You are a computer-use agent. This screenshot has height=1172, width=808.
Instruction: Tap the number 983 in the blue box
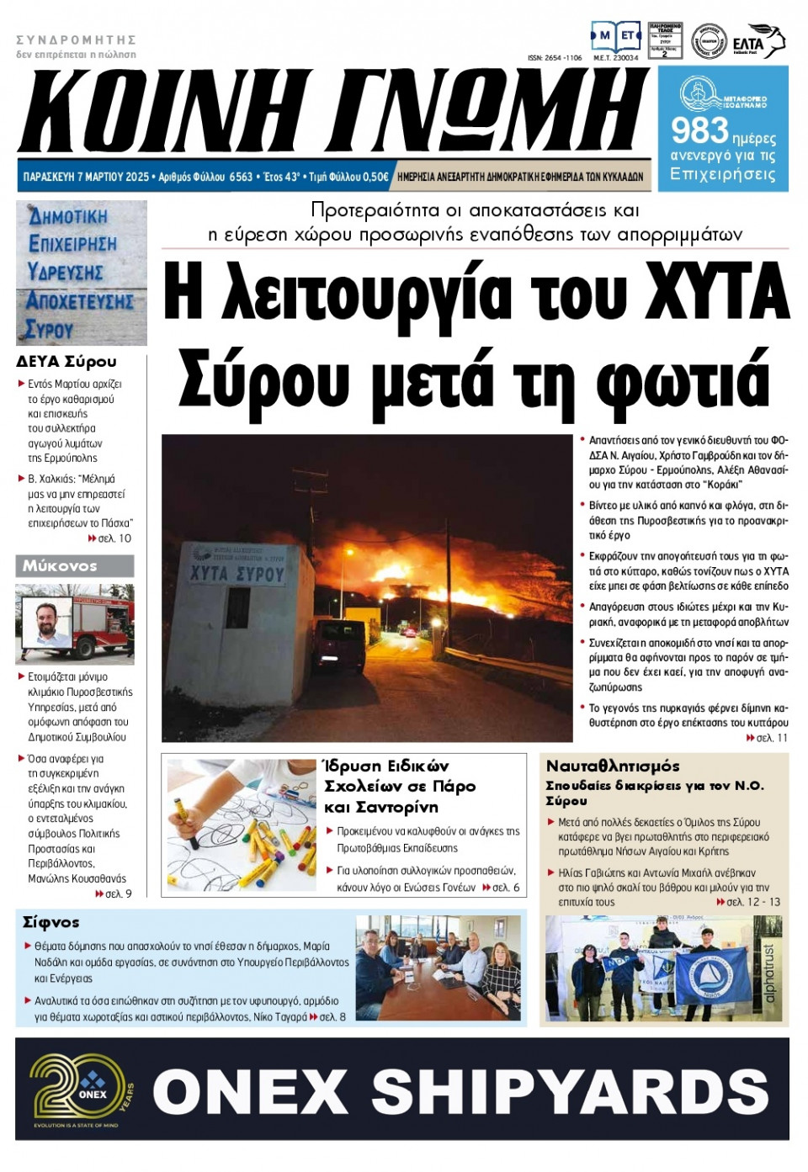click(699, 130)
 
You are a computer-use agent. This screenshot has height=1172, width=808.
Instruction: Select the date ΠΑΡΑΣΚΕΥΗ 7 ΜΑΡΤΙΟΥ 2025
click(86, 177)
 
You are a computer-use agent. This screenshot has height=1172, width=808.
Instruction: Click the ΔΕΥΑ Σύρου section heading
click(66, 361)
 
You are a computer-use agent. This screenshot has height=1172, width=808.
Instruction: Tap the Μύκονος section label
click(60, 565)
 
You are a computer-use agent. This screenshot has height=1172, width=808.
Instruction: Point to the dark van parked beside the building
click(338, 645)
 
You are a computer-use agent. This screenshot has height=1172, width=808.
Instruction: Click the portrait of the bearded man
click(52, 623)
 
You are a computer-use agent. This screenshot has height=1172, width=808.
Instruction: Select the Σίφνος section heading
click(51, 922)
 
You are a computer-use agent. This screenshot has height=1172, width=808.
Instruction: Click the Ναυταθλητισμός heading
click(613, 766)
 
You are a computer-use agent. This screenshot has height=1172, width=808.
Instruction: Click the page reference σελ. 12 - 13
click(752, 902)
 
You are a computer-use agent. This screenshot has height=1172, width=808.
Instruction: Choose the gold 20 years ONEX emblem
click(78, 1090)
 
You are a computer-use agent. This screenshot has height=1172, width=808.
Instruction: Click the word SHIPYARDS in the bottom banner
click(571, 1091)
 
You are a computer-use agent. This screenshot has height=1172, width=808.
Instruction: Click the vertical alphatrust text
click(768, 972)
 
